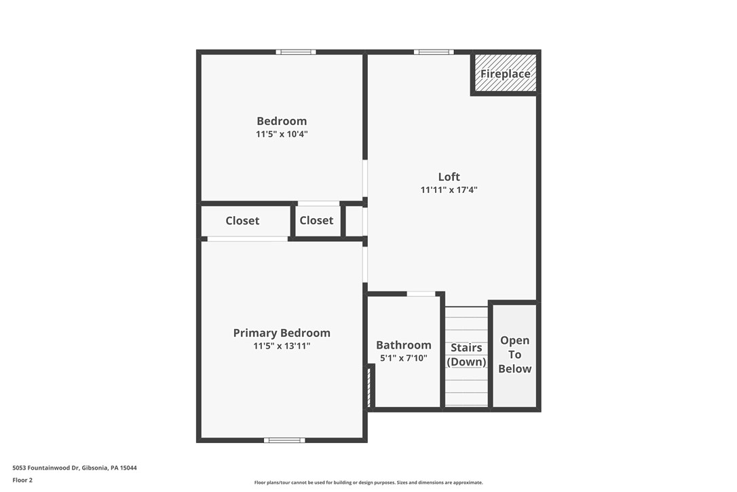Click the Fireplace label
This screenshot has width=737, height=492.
point(505,74)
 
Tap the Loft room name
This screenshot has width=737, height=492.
point(449,177)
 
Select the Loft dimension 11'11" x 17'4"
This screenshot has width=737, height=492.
point(449,190)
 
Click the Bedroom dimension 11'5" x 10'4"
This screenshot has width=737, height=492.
point(282,135)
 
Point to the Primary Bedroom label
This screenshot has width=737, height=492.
point(282,333)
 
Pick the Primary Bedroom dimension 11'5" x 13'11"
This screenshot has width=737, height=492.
point(282,346)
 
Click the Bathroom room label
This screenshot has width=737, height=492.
point(404,345)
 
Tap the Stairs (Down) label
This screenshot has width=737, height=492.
point(466,355)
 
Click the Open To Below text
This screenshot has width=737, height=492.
point(514,355)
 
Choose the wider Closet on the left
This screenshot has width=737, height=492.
point(242,221)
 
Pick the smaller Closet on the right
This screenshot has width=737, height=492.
point(316,220)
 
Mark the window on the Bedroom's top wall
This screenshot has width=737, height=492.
point(295,52)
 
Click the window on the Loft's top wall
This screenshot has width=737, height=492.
point(434,52)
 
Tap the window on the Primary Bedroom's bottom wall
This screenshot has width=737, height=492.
point(284,440)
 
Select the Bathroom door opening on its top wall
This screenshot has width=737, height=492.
point(421,294)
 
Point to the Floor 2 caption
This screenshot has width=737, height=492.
point(22,480)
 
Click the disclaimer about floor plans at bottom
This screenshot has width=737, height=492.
point(368,482)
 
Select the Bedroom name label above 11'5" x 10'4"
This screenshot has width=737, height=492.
point(282,122)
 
